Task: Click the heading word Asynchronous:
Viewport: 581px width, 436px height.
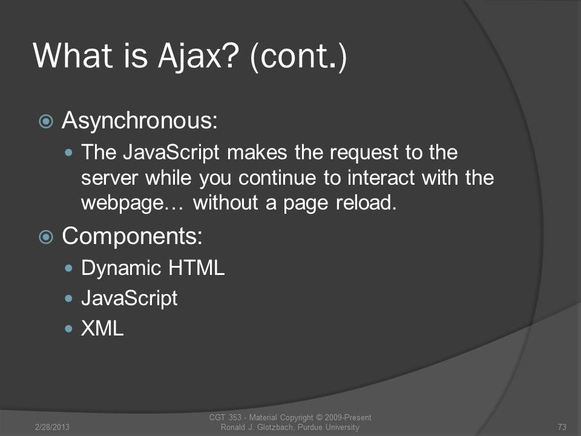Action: pyautogui.click(x=140, y=121)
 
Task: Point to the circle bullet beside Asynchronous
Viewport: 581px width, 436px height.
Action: pyautogui.click(x=46, y=121)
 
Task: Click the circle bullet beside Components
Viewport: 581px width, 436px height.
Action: pyautogui.click(x=46, y=237)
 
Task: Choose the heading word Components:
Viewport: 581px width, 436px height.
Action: pyautogui.click(x=133, y=237)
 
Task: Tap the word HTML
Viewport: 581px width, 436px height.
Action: pyautogui.click(x=196, y=268)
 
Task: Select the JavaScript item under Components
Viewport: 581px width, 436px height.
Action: pyautogui.click(x=130, y=299)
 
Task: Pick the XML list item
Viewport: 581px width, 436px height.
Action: pyautogui.click(x=102, y=328)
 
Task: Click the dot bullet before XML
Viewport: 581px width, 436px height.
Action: pyautogui.click(x=68, y=328)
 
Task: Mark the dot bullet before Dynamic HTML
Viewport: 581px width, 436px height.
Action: pyautogui.click(x=68, y=268)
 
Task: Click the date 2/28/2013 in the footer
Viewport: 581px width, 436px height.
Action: pyautogui.click(x=52, y=427)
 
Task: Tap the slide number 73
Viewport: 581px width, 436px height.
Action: pyautogui.click(x=562, y=427)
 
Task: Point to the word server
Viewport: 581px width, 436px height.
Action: pyautogui.click(x=110, y=178)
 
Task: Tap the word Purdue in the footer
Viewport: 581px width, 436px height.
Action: pyautogui.click(x=310, y=427)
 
